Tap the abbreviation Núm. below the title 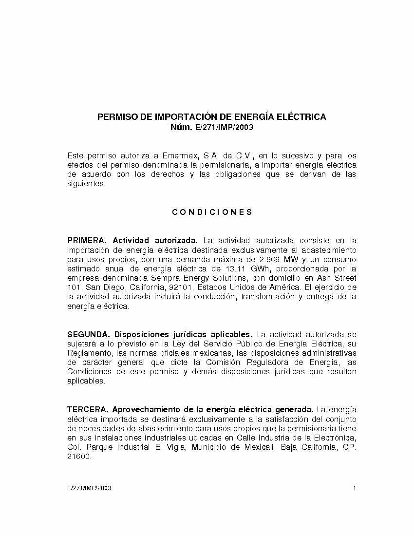tap(181, 128)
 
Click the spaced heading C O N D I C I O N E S tap(212, 212)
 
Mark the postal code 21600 tap(79, 456)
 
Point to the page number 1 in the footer tap(355, 488)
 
